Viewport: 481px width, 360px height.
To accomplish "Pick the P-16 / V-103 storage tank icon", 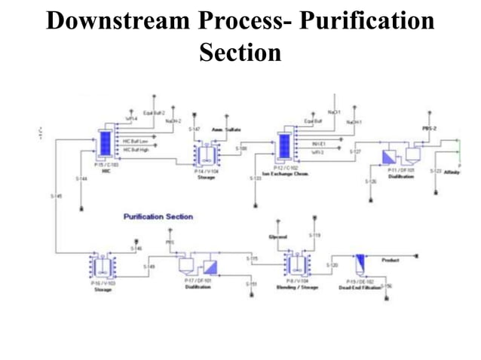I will tap(102, 265).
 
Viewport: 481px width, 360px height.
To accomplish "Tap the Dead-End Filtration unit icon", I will tap(360, 264).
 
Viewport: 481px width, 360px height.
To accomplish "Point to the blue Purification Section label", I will tap(158, 217).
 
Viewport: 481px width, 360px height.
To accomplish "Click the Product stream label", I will tap(391, 260).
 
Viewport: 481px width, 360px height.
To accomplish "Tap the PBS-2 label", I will tap(430, 129).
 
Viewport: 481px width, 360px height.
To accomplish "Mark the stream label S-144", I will tap(81, 178).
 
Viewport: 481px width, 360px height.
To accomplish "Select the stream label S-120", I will tap(332, 265).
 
